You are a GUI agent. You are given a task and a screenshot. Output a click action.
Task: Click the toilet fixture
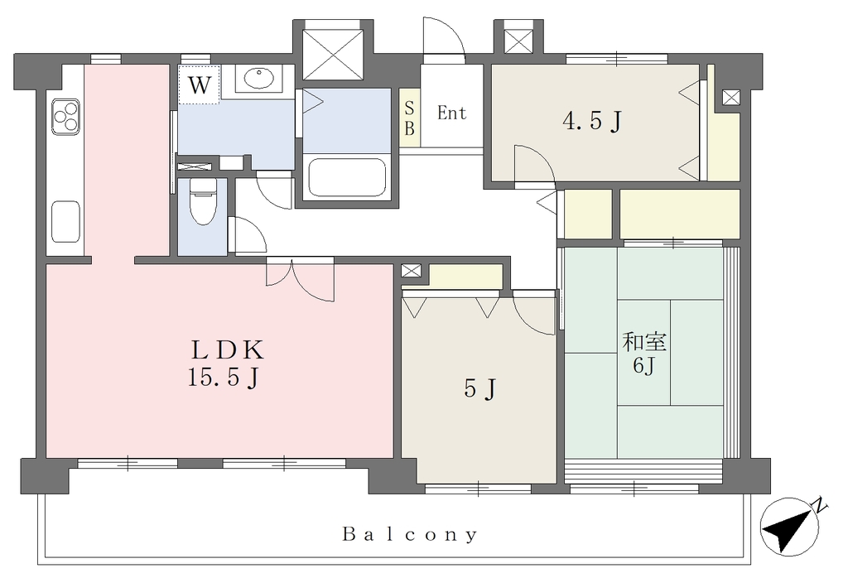pyautogui.click(x=203, y=201)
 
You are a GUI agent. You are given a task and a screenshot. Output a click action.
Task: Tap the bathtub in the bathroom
pyautogui.click(x=347, y=177)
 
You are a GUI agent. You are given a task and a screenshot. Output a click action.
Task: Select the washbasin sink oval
pyautogui.click(x=259, y=78)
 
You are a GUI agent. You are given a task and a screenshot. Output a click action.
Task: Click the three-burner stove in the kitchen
pyautogui.click(x=65, y=116)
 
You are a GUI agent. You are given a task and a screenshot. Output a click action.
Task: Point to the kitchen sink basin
pyautogui.click(x=66, y=221)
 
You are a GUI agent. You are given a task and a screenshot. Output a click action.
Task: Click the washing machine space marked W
pyautogui.click(x=199, y=85)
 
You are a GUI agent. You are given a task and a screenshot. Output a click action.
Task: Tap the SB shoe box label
pyautogui.click(x=409, y=118)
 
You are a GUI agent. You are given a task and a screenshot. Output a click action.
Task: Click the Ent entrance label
pyautogui.click(x=451, y=113)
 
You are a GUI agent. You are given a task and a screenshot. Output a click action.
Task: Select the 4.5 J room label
pyautogui.click(x=592, y=121)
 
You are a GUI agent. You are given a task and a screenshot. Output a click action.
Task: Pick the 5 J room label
pyautogui.click(x=479, y=388)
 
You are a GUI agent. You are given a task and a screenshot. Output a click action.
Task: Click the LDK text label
pyautogui.click(x=228, y=350)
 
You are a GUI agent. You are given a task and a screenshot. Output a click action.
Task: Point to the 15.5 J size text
pyautogui.click(x=224, y=377)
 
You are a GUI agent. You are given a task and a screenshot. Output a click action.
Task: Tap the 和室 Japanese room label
pyautogui.click(x=644, y=342)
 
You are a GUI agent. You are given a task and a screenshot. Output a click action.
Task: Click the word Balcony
pyautogui.click(x=410, y=535)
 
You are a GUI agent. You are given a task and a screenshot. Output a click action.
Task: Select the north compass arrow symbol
pyautogui.click(x=788, y=527)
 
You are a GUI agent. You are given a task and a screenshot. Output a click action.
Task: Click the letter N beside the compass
pyautogui.click(x=821, y=506)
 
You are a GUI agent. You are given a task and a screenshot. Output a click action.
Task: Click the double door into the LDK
pyautogui.click(x=300, y=279)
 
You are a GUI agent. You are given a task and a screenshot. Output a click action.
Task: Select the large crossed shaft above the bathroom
pyautogui.click(x=333, y=55)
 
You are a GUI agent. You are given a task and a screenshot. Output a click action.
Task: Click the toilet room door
pyautogui.click(x=247, y=234)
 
